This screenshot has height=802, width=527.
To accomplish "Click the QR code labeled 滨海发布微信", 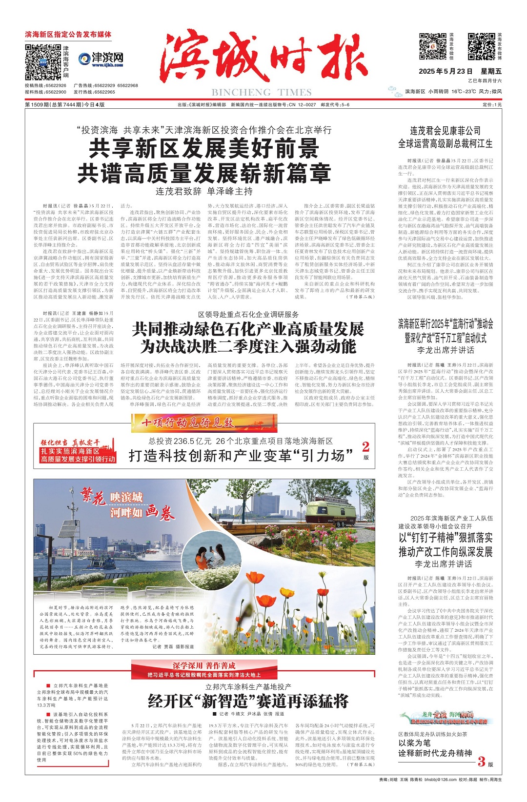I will (433, 47).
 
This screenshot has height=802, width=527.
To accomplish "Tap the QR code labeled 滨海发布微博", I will (481, 47).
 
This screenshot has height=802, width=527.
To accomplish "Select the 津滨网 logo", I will (101, 60).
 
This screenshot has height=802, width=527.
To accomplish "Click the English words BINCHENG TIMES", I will (261, 93).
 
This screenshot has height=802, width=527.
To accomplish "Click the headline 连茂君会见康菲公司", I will (445, 131).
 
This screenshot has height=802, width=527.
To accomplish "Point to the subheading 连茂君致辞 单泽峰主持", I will (204, 191).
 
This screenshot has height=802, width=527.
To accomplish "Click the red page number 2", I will (365, 446).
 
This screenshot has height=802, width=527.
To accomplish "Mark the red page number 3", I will (482, 761).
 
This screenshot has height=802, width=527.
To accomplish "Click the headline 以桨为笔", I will (414, 743).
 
